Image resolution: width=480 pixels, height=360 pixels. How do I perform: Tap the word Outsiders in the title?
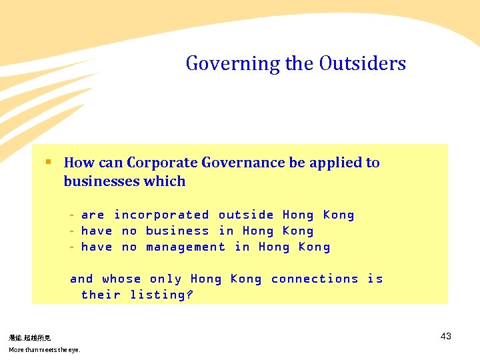click(x=362, y=63)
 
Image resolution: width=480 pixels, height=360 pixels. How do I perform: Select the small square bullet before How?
click(x=48, y=161)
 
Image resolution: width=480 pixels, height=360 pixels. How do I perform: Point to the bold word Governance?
click(x=243, y=163)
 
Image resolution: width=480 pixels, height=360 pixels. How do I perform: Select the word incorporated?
click(x=161, y=215)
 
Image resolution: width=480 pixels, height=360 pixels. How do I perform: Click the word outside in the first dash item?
click(x=246, y=215)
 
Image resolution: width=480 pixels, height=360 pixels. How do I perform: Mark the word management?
click(x=185, y=247)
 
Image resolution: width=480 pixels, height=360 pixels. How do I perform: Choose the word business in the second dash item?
click(x=177, y=231)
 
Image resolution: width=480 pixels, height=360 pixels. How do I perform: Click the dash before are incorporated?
click(x=71, y=215)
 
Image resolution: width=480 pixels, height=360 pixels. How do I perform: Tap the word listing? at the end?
click(x=161, y=295)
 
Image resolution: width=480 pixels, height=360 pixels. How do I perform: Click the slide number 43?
click(x=446, y=336)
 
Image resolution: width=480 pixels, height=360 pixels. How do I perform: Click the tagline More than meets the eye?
click(x=44, y=349)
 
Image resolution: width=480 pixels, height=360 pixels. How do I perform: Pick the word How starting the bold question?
click(x=79, y=163)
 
